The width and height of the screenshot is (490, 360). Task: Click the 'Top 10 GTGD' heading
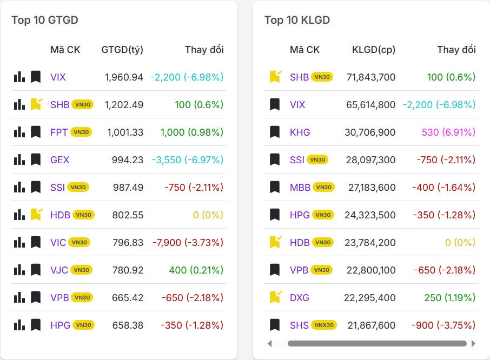click(45, 20)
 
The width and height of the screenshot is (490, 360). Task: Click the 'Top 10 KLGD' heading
click(297, 20)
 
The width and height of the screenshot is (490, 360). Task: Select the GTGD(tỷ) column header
click(122, 50)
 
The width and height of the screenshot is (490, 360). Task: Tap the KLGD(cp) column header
click(374, 50)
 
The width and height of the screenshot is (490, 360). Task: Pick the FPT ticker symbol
click(59, 132)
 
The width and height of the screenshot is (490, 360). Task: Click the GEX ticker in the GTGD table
click(60, 160)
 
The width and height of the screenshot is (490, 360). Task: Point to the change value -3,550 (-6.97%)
click(187, 160)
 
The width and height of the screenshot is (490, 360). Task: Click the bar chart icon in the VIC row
click(19, 242)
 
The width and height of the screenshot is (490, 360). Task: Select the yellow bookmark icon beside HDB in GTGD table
click(36, 215)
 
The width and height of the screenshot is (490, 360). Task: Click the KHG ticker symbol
click(300, 132)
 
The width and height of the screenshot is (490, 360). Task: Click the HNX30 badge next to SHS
click(323, 325)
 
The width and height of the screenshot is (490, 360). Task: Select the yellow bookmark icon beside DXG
click(275, 297)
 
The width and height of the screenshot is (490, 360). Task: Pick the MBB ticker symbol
click(300, 188)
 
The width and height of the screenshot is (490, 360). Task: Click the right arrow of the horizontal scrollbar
click(474, 343)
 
